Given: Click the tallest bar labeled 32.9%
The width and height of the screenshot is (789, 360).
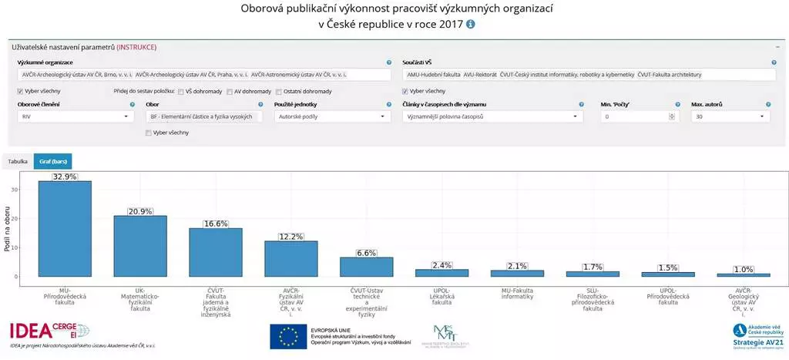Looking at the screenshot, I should pos(65,228).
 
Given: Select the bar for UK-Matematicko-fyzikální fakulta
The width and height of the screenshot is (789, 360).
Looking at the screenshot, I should pos(140,246).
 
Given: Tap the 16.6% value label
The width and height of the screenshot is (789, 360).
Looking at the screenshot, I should pos(216,224).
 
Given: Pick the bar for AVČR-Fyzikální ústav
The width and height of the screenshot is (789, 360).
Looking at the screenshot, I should pos(291,258).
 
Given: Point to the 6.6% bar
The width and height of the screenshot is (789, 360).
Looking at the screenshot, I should pos(367,267).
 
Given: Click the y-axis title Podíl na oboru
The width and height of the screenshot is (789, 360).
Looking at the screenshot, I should pos(7,228).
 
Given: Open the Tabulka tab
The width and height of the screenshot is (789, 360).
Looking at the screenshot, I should pos(17,161).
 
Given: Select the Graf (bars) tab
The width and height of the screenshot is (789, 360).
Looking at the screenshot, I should pos(52,161).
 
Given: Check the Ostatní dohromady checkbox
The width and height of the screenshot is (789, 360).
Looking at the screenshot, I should pos(278,91).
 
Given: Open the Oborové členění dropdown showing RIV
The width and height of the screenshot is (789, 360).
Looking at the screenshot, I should pos(75,116).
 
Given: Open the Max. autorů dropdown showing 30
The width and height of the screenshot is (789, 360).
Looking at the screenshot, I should pos(730,116).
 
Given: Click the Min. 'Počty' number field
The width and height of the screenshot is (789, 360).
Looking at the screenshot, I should pos(636,116).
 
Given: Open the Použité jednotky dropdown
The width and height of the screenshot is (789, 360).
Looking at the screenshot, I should pos(332,116).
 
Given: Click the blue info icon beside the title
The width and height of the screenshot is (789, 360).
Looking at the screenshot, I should pos(471,24).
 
